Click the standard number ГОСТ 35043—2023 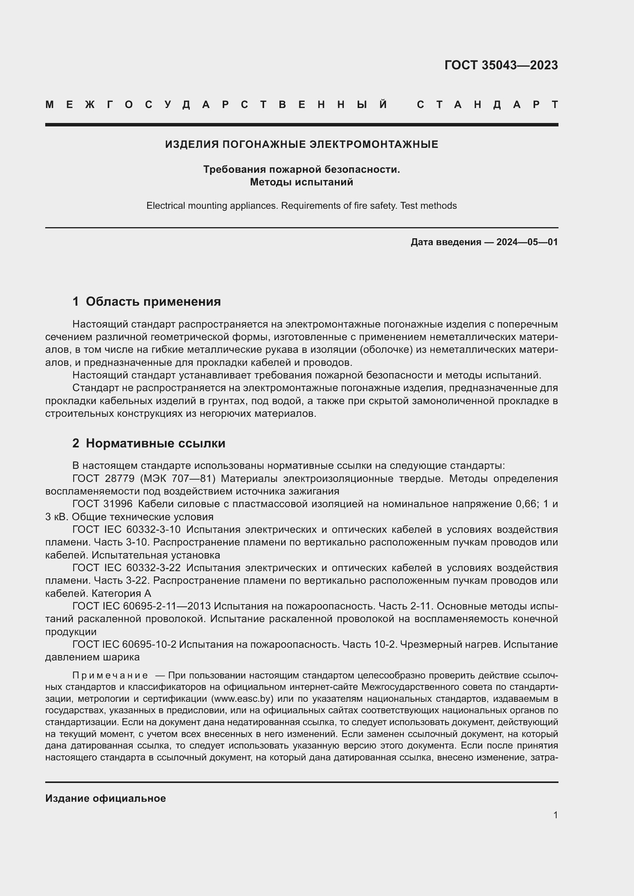(x=501, y=65)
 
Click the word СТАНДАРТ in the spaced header (x=487, y=105)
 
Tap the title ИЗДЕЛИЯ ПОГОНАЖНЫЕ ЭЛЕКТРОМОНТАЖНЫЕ (x=301, y=144)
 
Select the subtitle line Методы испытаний (x=301, y=182)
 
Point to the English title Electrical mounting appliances (x=212, y=206)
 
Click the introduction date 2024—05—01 (x=527, y=242)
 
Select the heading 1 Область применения (x=146, y=301)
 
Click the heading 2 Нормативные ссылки (x=149, y=443)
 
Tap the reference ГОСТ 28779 (x=103, y=478)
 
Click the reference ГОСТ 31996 (x=102, y=504)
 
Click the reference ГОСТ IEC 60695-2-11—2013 (x=141, y=606)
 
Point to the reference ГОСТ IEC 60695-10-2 (x=124, y=644)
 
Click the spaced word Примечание (x=110, y=675)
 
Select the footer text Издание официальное (x=105, y=798)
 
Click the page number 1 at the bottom (x=555, y=815)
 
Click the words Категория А (x=121, y=593)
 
